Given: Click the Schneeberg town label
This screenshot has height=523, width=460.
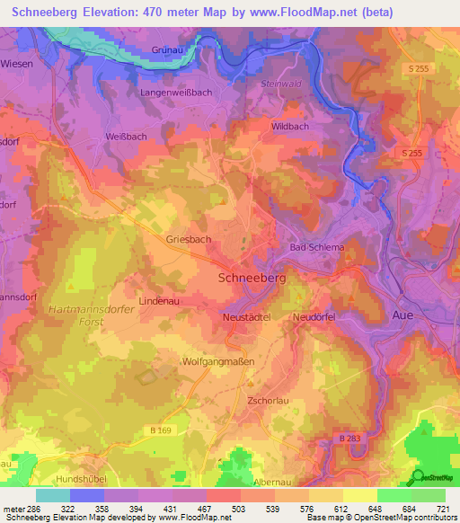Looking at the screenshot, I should tap(252, 279).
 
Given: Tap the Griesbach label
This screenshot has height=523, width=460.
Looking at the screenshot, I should tap(189, 240).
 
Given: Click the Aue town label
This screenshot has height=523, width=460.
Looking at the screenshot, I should tap(406, 315).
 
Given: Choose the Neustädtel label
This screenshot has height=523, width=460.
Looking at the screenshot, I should tap(248, 318).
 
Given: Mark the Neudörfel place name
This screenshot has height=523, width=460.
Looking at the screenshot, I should tap(317, 318).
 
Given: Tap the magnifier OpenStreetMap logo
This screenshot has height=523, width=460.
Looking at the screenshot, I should tap(418, 477).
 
